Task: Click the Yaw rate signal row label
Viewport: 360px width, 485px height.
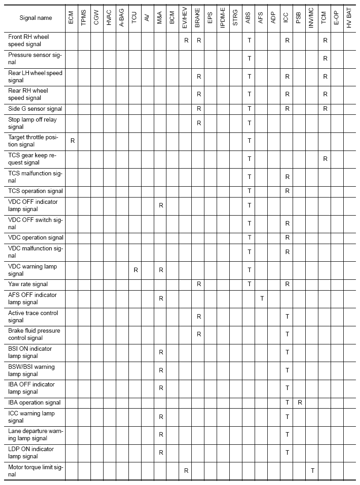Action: click(x=28, y=284)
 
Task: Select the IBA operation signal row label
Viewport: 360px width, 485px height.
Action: click(x=34, y=402)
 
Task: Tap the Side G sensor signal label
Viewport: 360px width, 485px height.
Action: click(x=35, y=109)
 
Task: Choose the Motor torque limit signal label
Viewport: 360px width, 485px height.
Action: click(x=36, y=471)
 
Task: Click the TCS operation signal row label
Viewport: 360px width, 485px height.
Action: click(x=36, y=191)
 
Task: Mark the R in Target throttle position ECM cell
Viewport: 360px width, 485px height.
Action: click(x=72, y=141)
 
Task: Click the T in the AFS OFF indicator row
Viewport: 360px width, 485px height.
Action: click(x=262, y=298)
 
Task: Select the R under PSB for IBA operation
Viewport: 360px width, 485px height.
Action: click(x=299, y=402)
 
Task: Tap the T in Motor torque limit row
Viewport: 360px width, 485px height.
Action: click(x=313, y=471)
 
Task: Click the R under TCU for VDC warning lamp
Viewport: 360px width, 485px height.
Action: click(x=136, y=270)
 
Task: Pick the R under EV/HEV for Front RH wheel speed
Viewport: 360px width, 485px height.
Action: click(x=186, y=41)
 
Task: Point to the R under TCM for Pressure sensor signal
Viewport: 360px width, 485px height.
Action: click(x=325, y=59)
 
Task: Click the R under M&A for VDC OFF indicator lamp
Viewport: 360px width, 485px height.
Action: click(x=161, y=205)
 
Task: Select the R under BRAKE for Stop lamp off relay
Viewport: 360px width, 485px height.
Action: click(x=199, y=123)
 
